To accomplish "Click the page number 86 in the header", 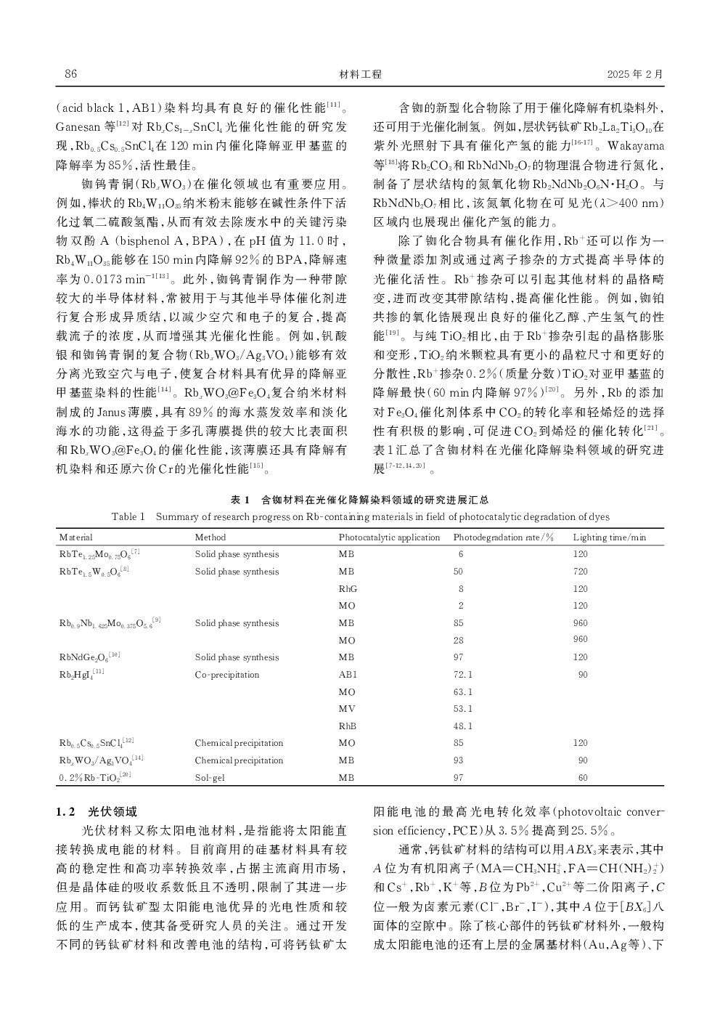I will pos(70,74).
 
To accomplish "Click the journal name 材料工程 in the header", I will pos(360,74).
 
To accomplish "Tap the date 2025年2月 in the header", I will pos(635,74).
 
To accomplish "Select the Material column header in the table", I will pos(76,537).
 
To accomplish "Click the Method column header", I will pos(210,537).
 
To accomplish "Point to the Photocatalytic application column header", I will pos(389,537).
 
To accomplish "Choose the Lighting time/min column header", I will pos(609,537).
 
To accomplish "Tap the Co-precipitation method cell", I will pos(227,675).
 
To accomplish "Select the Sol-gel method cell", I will pos(210,778).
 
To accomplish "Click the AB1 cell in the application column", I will pos(348,675).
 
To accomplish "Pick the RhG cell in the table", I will pos(348,589).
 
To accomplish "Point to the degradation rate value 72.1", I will pos(463,675).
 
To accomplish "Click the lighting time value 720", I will pos(580,572).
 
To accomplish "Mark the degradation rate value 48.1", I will pos(463,726).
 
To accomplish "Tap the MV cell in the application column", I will pos(347,709).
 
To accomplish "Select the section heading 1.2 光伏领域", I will pos(97,812).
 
